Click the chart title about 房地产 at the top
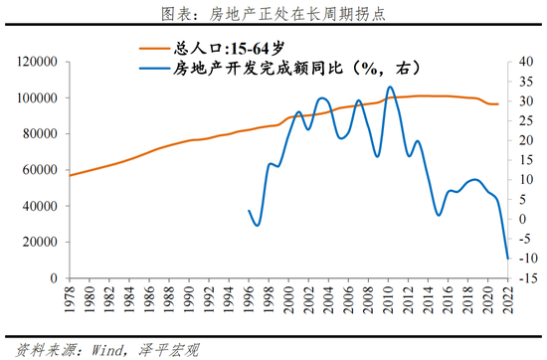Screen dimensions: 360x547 273,14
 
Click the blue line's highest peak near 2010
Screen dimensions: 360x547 390,87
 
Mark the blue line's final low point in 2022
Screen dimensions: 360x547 508,259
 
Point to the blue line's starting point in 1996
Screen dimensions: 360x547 249,210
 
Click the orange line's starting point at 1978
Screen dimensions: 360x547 69,176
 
